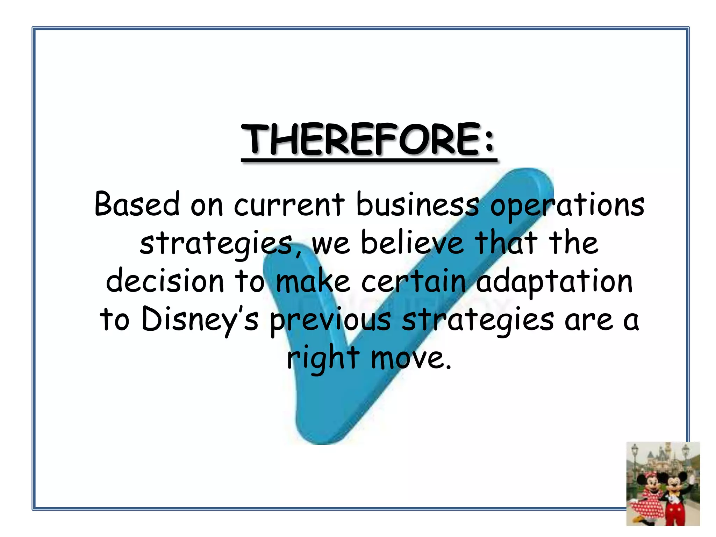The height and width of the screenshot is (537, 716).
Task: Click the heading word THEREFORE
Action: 360,140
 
